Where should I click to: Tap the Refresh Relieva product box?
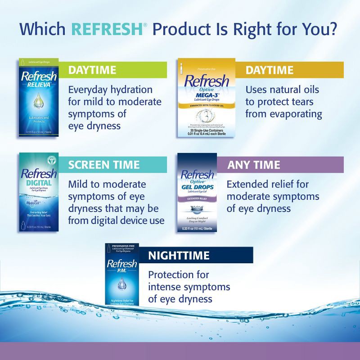coord(39,98)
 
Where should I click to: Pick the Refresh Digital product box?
coord(39,193)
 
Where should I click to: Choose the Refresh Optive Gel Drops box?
coord(197,193)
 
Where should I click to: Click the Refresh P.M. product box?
coord(122,274)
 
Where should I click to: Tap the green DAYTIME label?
coord(92,70)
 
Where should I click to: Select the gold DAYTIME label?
coord(269,70)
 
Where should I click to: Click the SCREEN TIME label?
coord(103,165)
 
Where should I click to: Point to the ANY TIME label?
coord(253,165)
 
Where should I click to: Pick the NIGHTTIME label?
coord(179,256)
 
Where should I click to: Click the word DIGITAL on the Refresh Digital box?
coord(39,183)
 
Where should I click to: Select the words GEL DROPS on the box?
coord(197,187)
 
